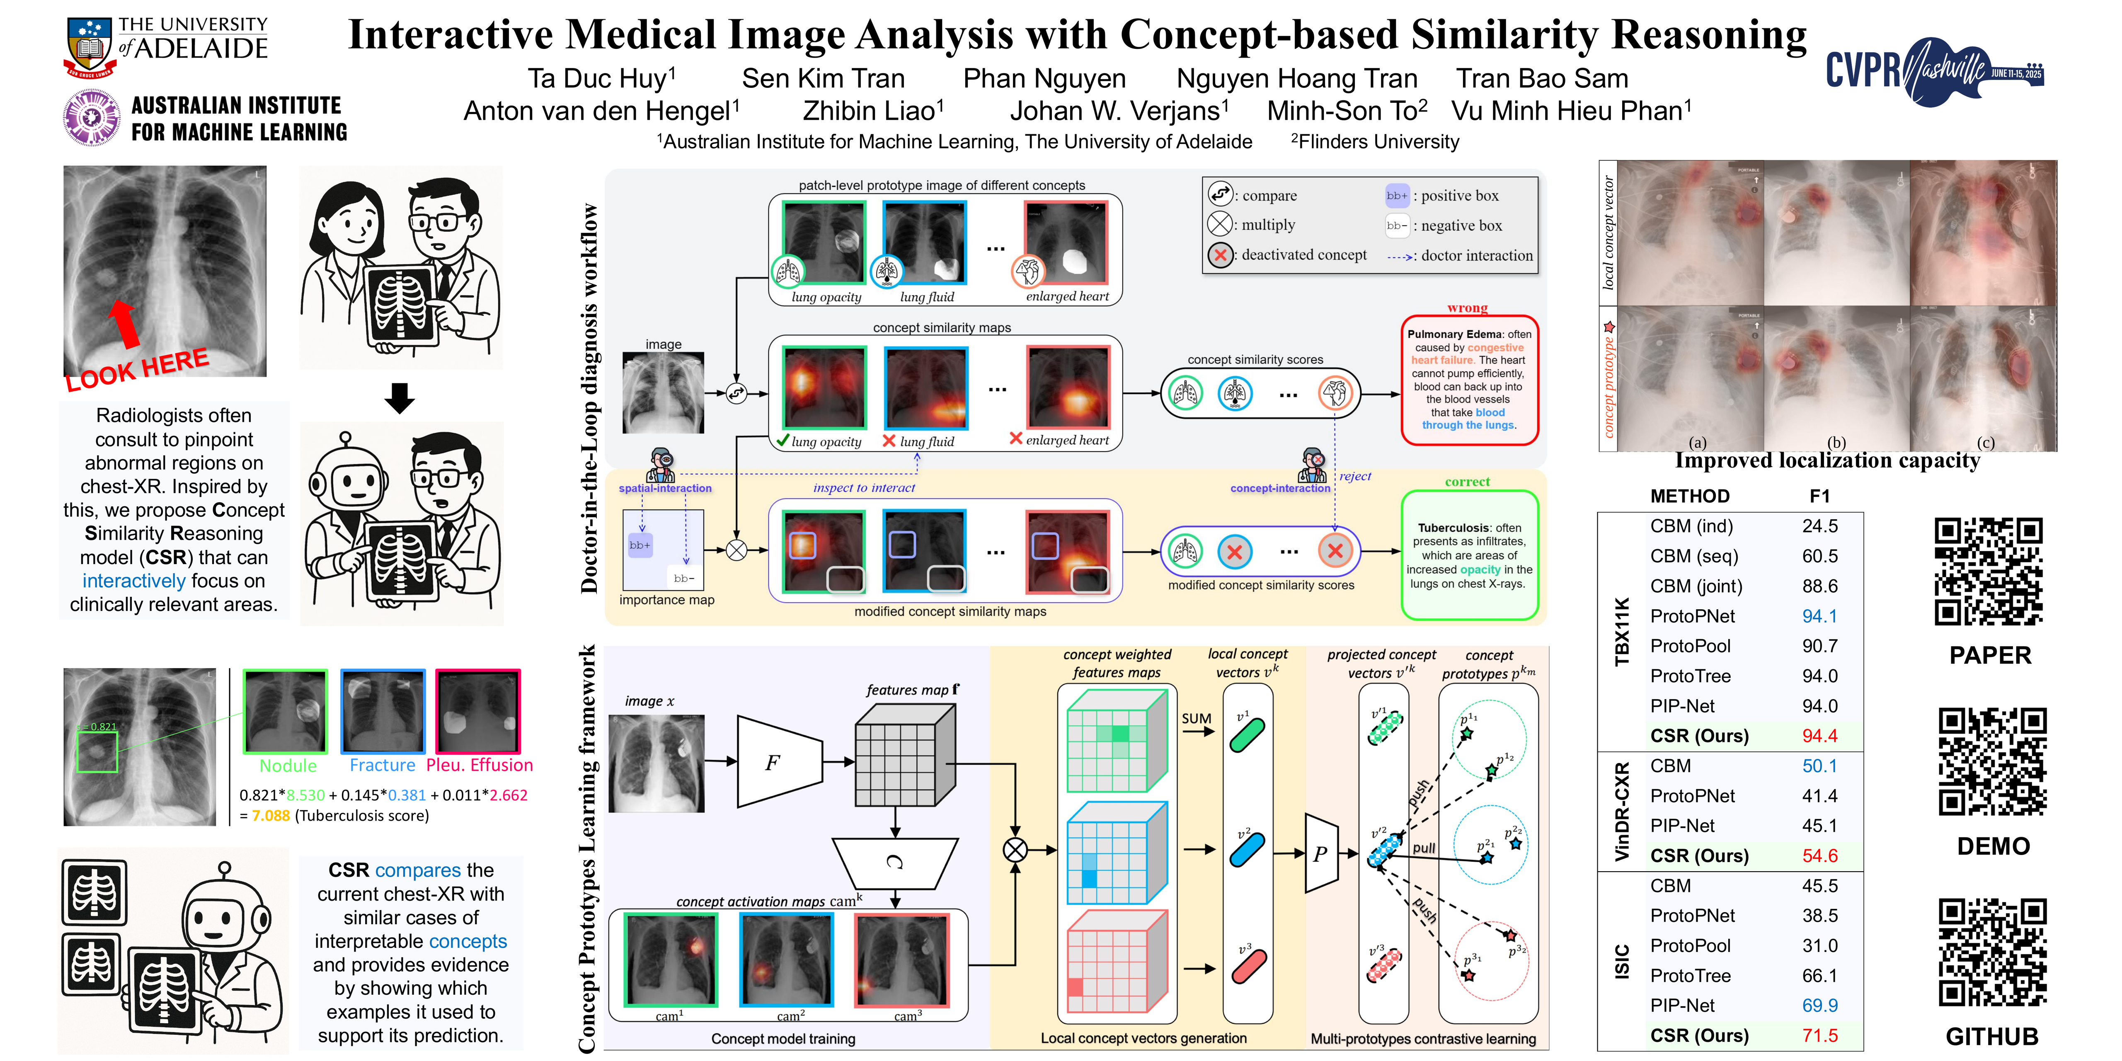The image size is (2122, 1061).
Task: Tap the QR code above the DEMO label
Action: (1992, 762)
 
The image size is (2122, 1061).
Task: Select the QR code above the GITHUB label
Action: (1992, 953)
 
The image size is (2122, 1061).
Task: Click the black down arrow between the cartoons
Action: (400, 398)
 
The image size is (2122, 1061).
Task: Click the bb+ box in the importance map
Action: (640, 545)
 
